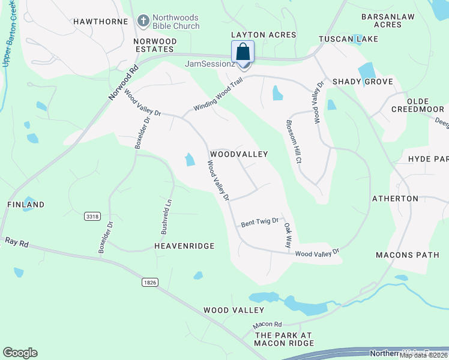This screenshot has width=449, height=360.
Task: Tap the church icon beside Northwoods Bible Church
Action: click(143, 21)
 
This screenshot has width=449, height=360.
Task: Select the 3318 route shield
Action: click(92, 216)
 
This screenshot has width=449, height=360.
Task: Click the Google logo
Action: click(20, 353)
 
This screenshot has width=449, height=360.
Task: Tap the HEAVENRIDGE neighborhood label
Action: click(184, 246)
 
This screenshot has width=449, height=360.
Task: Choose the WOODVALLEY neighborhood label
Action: click(238, 154)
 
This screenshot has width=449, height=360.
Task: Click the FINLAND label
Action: click(26, 205)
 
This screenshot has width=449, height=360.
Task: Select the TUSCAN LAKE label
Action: click(348, 39)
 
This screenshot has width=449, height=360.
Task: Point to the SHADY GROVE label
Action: click(363, 82)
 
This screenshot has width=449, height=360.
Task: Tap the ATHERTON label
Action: click(395, 199)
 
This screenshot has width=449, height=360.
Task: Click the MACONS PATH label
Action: click(408, 255)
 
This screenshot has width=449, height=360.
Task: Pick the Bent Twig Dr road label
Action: click(260, 223)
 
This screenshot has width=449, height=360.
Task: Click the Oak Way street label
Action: click(288, 236)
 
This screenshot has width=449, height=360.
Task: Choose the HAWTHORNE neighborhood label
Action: click(101, 22)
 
